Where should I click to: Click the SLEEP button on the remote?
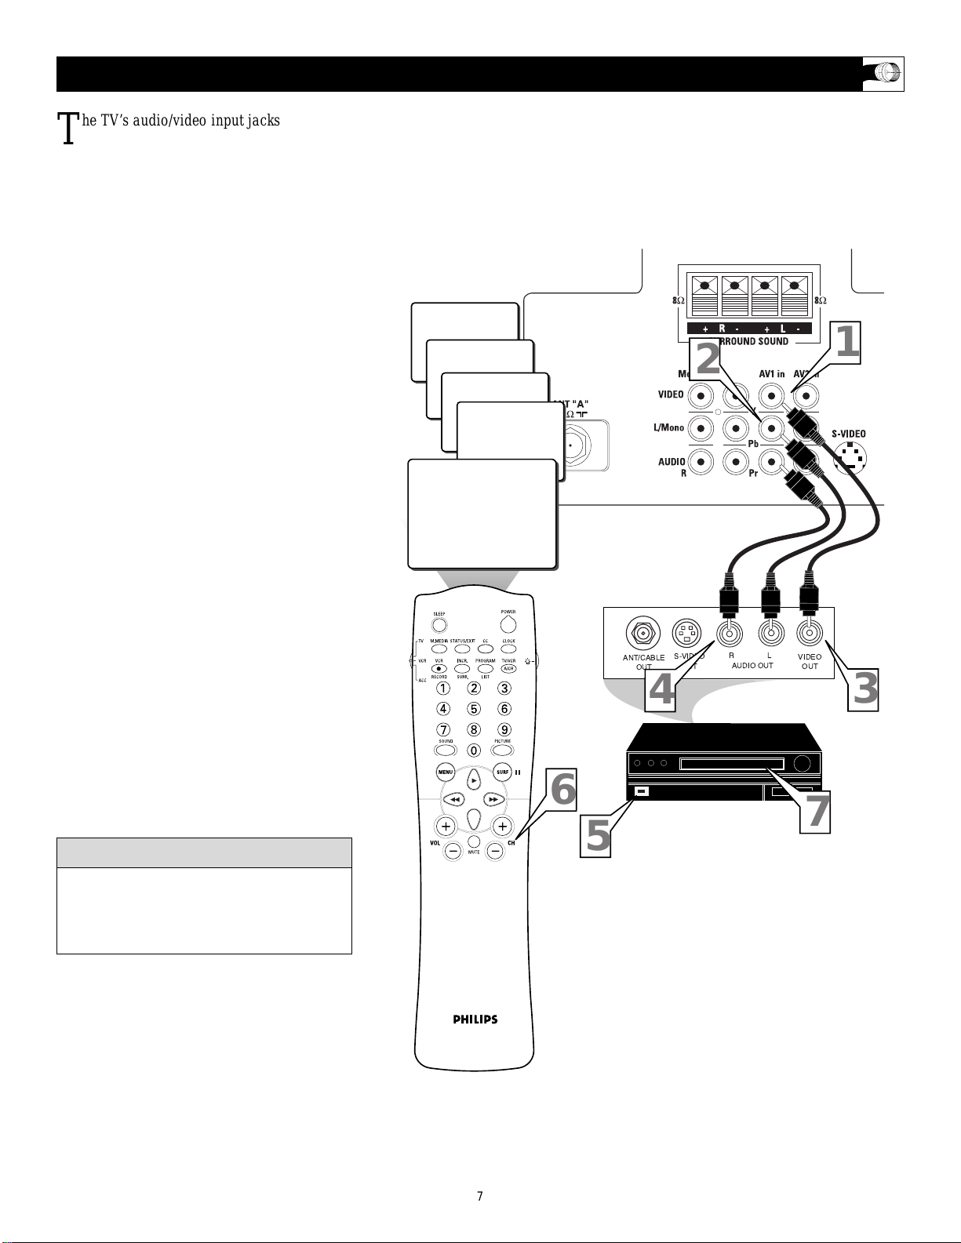[x=439, y=625]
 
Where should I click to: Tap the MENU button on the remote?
[x=446, y=772]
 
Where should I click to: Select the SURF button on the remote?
[x=502, y=772]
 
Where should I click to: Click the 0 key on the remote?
[x=474, y=751]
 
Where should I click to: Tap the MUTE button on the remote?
[x=474, y=841]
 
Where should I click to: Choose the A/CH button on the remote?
[x=509, y=669]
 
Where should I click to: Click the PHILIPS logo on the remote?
[x=475, y=1019]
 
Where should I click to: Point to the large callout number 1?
[x=847, y=343]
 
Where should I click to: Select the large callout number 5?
[x=598, y=836]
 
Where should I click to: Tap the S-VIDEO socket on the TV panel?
[x=850, y=458]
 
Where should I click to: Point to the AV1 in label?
[x=771, y=374]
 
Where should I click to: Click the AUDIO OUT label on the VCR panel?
[x=752, y=665]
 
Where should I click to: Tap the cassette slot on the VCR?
[x=731, y=763]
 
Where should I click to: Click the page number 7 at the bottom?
[x=480, y=1196]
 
